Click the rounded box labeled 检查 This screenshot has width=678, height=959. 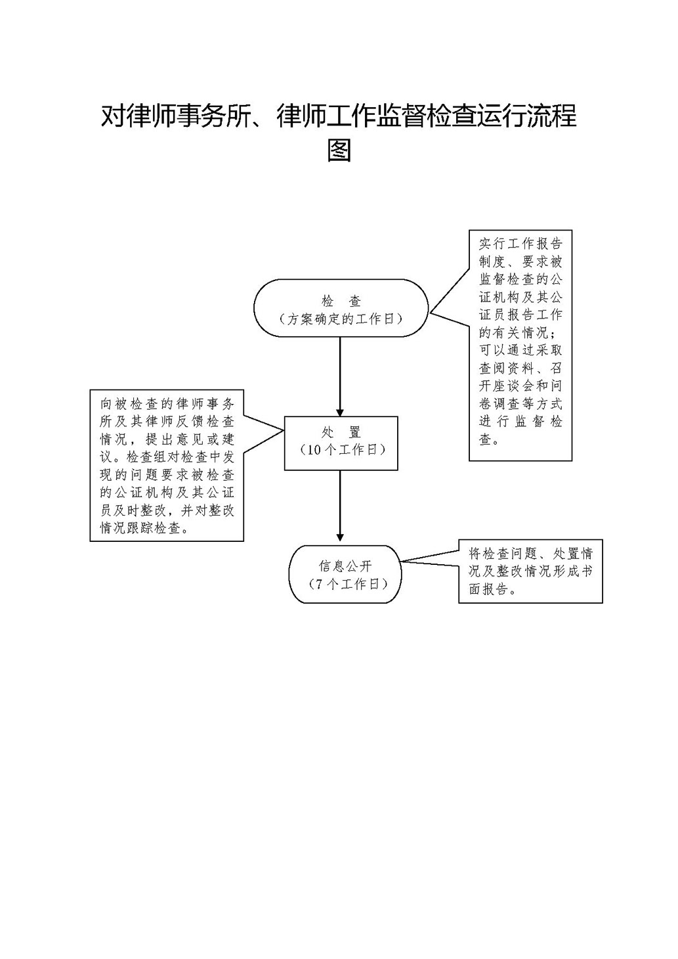click(341, 308)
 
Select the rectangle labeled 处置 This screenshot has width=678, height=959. click(341, 443)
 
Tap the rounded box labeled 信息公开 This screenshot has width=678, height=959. click(345, 574)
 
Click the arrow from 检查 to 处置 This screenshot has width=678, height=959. click(340, 376)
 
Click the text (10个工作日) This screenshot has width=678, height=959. click(341, 451)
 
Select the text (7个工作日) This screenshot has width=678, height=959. click(345, 584)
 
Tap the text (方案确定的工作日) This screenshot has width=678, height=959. click(341, 319)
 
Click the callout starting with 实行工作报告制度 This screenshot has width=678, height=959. click(520, 345)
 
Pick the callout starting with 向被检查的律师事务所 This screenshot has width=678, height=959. click(167, 465)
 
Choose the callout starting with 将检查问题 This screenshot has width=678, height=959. click(530, 571)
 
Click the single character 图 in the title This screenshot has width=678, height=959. click(339, 150)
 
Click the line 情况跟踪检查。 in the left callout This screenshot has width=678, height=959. click(145, 527)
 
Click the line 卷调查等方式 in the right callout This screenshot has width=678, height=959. click(520, 403)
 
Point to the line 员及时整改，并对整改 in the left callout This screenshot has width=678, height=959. click(167, 510)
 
